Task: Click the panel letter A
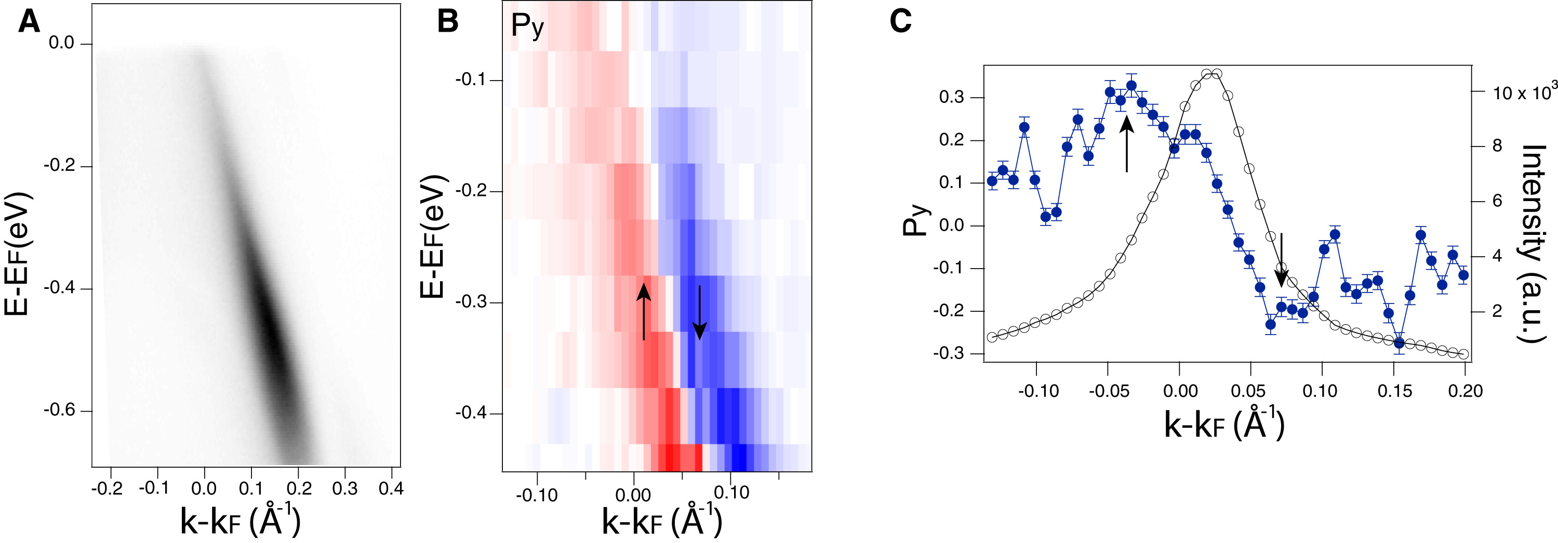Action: tap(29, 22)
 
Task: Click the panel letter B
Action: tap(448, 22)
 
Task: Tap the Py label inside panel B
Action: tap(527, 27)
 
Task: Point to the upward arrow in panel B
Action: tap(644, 311)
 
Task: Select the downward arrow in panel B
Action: tap(700, 312)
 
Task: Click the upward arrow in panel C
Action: tap(1126, 143)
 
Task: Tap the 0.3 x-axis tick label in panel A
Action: tap(345, 488)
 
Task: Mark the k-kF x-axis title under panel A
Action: tap(240, 521)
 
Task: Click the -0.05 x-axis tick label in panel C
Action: tap(1109, 391)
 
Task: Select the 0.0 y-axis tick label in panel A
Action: tap(61, 44)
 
